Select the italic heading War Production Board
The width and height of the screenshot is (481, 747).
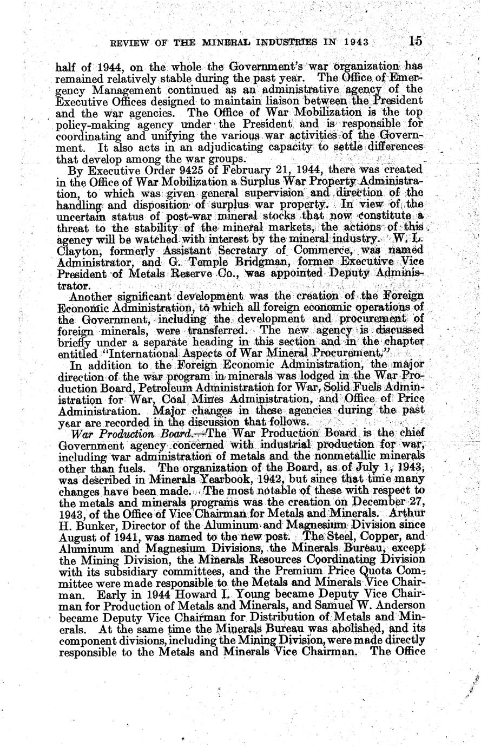click(104, 434)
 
